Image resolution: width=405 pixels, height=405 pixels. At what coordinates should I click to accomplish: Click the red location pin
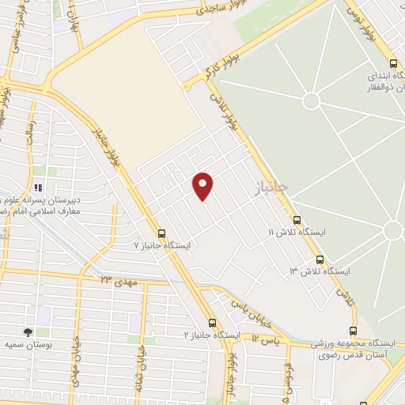pos(203,185)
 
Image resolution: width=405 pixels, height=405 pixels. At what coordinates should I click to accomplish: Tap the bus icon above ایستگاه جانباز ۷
pos(162,233)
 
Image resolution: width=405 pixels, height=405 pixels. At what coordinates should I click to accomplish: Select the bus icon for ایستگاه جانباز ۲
pos(212,323)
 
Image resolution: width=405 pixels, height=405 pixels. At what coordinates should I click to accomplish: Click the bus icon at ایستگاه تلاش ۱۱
pos(297,220)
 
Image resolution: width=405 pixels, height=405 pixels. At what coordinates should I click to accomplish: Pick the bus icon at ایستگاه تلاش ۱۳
pos(320,259)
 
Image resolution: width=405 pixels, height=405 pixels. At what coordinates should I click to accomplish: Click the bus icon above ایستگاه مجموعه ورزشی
pos(353,331)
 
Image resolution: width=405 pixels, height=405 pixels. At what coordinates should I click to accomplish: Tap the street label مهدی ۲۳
pos(119,280)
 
